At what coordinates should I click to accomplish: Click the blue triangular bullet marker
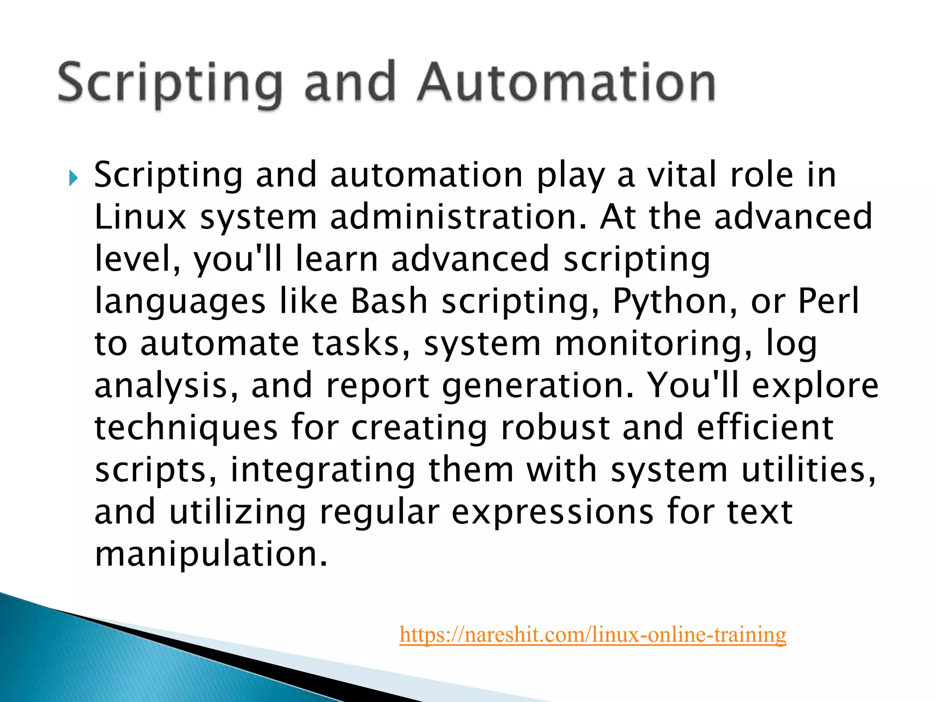tap(74, 178)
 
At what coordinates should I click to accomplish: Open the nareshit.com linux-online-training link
tap(593, 634)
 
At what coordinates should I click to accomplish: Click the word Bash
tap(389, 301)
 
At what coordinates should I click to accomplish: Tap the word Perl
tap(829, 301)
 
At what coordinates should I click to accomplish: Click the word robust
tap(555, 427)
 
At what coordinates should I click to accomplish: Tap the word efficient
tap(765, 427)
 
